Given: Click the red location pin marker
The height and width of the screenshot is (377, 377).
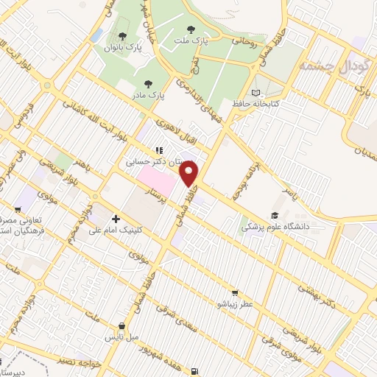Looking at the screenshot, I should pos(190,172).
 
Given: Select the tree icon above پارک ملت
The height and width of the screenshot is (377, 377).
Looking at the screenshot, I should pos(191,30).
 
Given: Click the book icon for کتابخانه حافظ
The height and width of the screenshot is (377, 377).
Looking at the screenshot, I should pos(256,93).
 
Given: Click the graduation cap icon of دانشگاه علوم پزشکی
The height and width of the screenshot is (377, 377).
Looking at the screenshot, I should pos(275,215).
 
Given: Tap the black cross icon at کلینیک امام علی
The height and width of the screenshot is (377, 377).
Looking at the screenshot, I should pos(116,219).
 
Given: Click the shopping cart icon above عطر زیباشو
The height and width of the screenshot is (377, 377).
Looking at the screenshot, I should pos(235,292).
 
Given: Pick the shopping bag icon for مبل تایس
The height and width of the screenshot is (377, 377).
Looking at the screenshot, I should pos(121,326).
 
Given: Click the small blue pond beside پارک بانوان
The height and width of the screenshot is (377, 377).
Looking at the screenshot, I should pos(96,34).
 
